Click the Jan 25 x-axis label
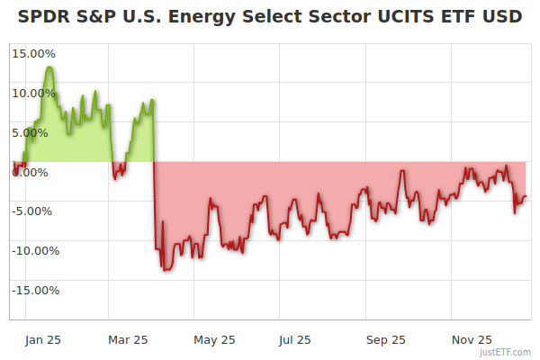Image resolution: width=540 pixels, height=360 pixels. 42,339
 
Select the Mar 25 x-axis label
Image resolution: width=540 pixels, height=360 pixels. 128,339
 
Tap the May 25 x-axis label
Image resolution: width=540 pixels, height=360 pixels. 214,339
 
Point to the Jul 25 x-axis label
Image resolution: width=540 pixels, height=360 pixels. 295,339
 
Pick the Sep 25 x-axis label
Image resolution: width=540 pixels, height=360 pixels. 386,339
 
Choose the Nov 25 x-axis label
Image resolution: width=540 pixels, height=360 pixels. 472,339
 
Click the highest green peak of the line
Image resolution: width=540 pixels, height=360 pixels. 49,67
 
